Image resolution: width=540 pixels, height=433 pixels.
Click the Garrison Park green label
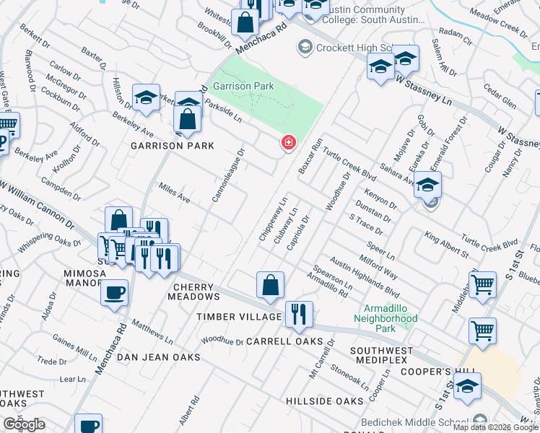pyautogui.click(x=243, y=86)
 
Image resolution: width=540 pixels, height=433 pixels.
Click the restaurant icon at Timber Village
pyautogui.click(x=298, y=315)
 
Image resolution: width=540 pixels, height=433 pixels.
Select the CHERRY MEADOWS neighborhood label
pyautogui.click(x=195, y=292)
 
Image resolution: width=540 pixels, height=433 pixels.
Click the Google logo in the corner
pyautogui.click(x=25, y=424)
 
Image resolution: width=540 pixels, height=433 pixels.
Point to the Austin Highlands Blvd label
pyautogui.click(x=365, y=274)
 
